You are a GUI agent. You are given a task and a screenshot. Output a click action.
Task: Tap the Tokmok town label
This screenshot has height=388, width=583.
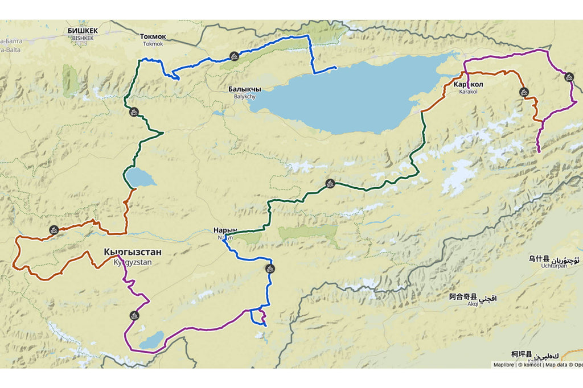click(x=153, y=40)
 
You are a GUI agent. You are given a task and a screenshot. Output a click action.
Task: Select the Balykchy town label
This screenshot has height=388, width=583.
click(x=244, y=93)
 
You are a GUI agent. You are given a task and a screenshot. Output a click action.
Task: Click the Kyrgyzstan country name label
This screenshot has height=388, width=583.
click(x=133, y=257)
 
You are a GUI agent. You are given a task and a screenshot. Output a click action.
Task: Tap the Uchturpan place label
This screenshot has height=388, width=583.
click(x=553, y=262)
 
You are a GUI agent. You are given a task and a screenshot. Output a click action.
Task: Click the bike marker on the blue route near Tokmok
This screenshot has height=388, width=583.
click(x=233, y=56)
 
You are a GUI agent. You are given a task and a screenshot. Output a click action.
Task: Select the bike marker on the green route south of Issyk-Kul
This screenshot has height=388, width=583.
click(x=330, y=183)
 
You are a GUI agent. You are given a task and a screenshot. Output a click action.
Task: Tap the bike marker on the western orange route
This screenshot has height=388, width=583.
click(x=54, y=230)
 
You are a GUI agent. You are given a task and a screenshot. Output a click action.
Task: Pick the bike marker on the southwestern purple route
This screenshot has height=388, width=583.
click(x=134, y=315)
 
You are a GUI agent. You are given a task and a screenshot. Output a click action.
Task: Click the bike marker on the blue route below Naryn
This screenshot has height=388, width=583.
click(x=270, y=269)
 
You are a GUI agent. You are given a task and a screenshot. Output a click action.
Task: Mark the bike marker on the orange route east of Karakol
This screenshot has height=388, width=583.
click(x=523, y=92)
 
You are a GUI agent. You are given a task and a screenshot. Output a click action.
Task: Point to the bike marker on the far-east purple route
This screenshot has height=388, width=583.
click(x=569, y=77)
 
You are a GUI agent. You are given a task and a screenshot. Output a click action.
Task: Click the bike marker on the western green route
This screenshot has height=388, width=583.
click(x=134, y=112)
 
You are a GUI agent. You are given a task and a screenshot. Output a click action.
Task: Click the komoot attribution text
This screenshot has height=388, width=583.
click(x=529, y=365)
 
